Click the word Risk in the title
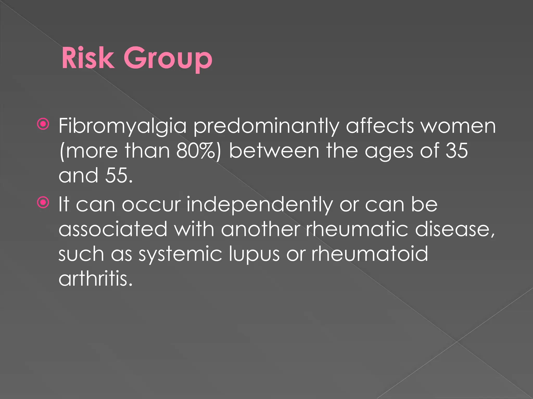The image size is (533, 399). (x=88, y=58)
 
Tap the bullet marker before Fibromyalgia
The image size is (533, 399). (x=43, y=124)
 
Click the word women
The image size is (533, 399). (x=458, y=126)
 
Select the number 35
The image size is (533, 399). (x=457, y=151)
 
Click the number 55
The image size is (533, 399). (x=119, y=176)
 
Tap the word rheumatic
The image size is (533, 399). (x=357, y=229)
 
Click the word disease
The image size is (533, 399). (x=454, y=229)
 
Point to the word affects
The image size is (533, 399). (x=380, y=126)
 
